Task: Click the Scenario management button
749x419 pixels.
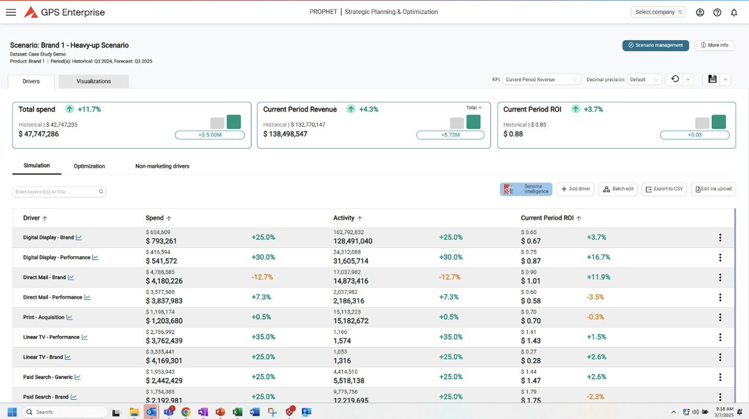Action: click(655, 46)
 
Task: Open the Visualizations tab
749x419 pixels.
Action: click(93, 81)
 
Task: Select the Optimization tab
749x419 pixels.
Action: click(89, 166)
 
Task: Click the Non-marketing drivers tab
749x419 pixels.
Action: click(162, 166)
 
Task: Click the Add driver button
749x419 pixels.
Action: click(575, 189)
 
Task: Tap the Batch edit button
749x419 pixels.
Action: click(618, 189)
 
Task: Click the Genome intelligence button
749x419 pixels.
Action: click(526, 189)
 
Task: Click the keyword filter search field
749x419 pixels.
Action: click(57, 192)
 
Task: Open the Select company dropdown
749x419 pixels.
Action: click(658, 12)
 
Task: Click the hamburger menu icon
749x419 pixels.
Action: click(10, 12)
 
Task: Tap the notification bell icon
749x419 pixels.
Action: click(734, 13)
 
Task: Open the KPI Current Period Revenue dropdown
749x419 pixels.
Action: click(542, 80)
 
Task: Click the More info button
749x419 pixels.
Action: click(714, 46)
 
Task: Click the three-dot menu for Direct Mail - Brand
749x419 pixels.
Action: click(720, 278)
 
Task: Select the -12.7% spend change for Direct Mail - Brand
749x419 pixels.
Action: click(263, 277)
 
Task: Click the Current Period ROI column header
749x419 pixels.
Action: click(547, 218)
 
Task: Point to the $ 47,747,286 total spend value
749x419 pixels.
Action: click(39, 134)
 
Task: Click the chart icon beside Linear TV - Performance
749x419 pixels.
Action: click(84, 337)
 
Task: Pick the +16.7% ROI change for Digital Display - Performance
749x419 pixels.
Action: click(598, 257)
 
